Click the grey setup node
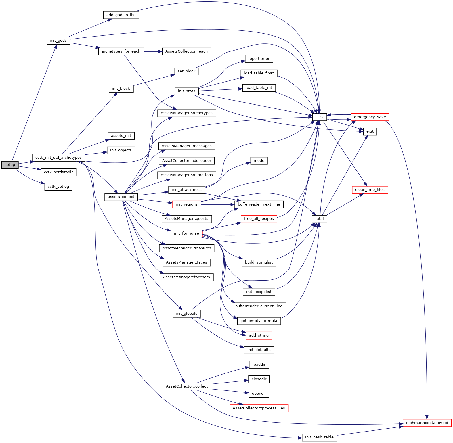tap(10, 165)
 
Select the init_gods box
tap(58, 41)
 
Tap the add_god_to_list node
tap(121, 15)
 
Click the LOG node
tap(319, 117)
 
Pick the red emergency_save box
tap(370, 117)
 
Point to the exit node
tap(370, 131)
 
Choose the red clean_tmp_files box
tap(370, 190)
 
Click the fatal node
tap(319, 219)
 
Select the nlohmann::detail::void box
tap(427, 423)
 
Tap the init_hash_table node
tap(319, 437)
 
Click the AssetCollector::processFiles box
tap(259, 408)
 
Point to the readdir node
tap(259, 365)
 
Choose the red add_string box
tap(259, 335)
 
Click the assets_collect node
tap(121, 197)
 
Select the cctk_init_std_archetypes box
tap(58, 158)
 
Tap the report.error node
tap(259, 59)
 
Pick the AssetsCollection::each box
tap(186, 51)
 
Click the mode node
tap(259, 161)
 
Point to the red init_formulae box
tap(186, 233)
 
